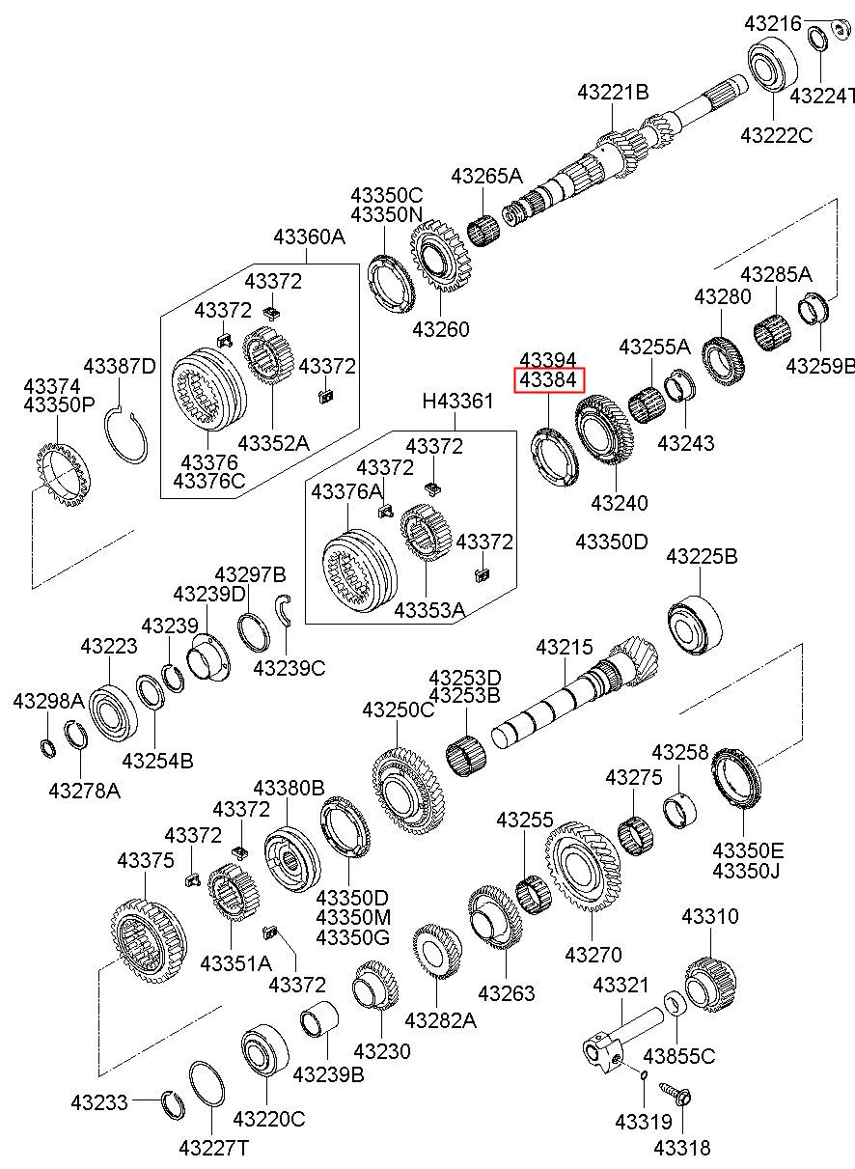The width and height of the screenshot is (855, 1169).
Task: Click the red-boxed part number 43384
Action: (548, 380)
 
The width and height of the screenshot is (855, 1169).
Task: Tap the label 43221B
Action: (613, 93)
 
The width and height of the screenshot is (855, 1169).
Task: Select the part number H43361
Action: (457, 401)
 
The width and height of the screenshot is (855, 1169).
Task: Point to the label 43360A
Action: (310, 237)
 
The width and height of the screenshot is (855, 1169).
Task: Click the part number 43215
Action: (565, 647)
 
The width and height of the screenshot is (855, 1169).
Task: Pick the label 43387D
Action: (120, 367)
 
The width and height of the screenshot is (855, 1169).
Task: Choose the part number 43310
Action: (710, 916)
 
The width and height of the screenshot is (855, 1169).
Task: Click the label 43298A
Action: (48, 701)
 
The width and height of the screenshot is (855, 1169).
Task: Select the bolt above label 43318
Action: (676, 1097)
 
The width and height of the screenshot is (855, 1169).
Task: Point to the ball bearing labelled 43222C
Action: (774, 64)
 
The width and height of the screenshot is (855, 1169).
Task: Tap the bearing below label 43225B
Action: (696, 625)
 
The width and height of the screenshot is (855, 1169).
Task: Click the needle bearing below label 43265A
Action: (483, 230)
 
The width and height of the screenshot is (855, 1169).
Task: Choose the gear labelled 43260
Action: (441, 255)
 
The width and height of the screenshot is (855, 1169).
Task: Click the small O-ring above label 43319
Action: (644, 1074)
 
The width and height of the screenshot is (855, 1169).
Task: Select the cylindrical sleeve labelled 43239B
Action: (319, 1020)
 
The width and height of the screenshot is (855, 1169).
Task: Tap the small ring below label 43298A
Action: (48, 748)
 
